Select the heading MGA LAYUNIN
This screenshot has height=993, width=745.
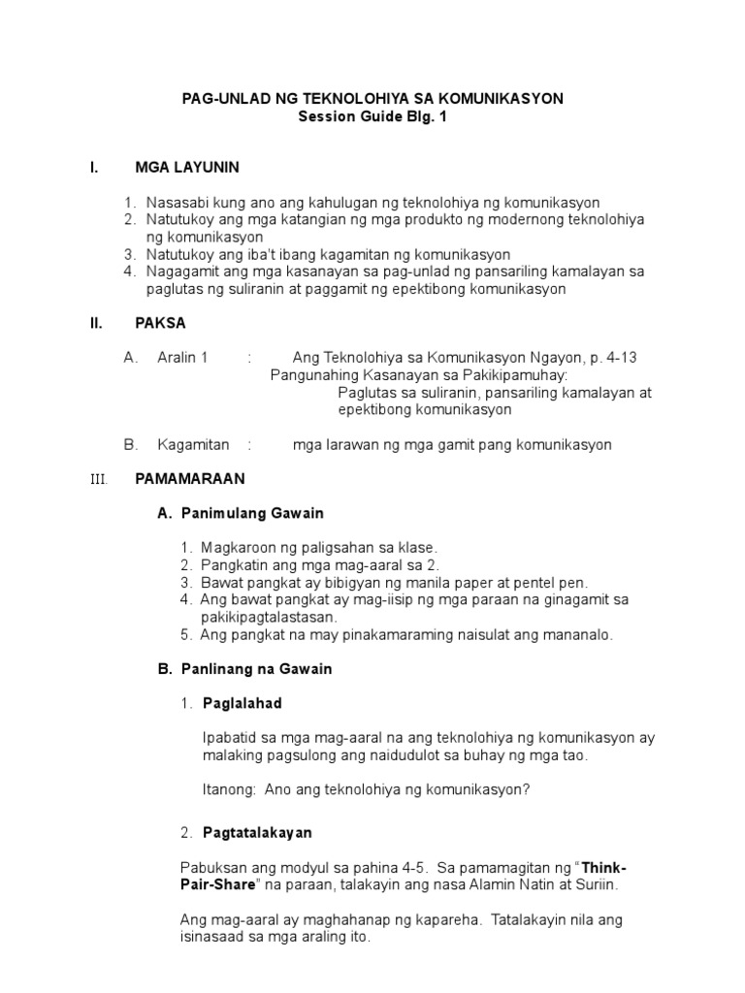pos(187,168)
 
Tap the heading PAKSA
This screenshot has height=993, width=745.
pos(160,324)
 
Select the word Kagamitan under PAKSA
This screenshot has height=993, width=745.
pos(193,445)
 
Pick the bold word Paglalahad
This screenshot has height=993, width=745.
pos(242,703)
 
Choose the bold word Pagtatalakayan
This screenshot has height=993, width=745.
pos(257,833)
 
